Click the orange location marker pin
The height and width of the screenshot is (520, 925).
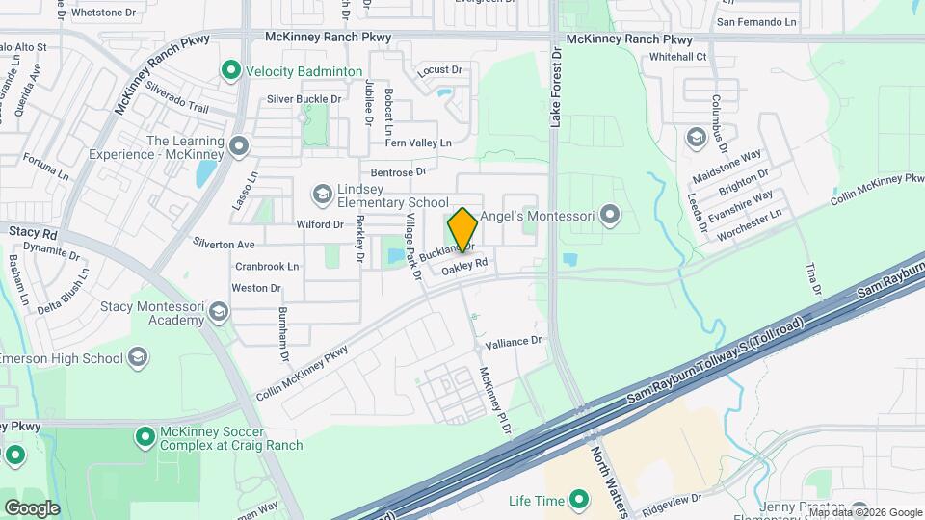(463, 229)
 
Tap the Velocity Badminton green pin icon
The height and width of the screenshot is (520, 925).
(230, 70)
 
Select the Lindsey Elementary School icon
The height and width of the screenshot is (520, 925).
(323, 195)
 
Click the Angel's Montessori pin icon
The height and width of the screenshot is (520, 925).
(608, 215)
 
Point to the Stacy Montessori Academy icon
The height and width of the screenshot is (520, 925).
(220, 311)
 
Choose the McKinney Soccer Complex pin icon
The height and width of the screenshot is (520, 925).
(145, 438)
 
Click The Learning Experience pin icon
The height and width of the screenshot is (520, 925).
(239, 147)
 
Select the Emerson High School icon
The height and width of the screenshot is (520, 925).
(138, 358)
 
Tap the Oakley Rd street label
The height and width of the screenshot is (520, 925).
(464, 268)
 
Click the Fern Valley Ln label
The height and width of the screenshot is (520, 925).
(418, 143)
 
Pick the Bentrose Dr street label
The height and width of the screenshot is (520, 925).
(398, 171)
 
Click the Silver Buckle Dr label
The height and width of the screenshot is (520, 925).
(304, 99)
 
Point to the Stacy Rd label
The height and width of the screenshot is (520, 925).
(34, 232)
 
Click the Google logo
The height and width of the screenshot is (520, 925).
(32, 507)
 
